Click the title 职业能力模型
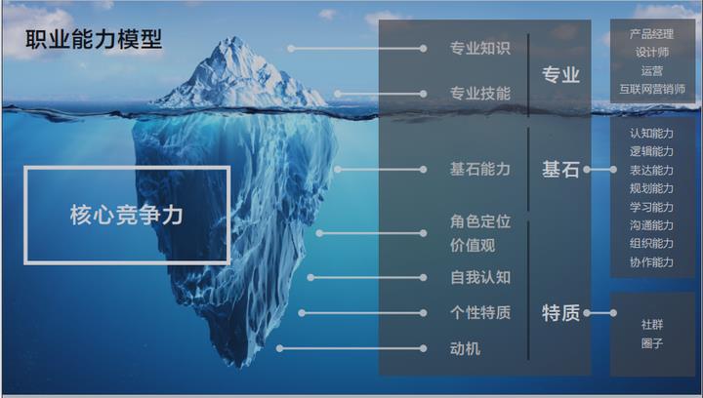click(94, 40)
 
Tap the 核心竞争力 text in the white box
click(127, 215)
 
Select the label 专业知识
click(479, 48)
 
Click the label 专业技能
click(479, 95)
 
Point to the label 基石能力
click(479, 169)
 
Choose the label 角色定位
click(479, 221)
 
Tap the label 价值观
click(472, 245)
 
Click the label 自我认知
click(479, 277)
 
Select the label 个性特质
click(479, 313)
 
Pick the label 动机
click(465, 348)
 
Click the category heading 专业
click(560, 75)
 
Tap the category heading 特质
click(560, 313)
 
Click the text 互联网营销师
click(651, 89)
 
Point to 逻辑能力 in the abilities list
click(651, 151)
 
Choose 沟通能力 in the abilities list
click(651, 225)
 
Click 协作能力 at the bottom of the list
click(651, 261)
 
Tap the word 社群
click(651, 325)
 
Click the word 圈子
click(651, 343)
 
